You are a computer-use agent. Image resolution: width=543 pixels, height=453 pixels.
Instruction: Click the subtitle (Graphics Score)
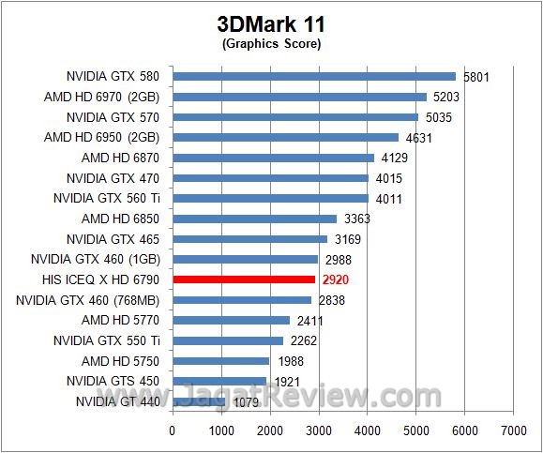[x=271, y=43]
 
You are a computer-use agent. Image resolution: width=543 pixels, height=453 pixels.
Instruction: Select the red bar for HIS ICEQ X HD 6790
[x=244, y=279]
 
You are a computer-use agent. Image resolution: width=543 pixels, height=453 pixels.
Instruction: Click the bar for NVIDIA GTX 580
[x=314, y=76]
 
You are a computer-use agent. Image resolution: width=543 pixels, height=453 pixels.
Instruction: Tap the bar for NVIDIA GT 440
[x=199, y=401]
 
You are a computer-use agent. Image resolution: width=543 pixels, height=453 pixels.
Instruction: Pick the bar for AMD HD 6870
[x=273, y=158]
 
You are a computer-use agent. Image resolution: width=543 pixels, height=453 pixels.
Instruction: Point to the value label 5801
[x=476, y=77]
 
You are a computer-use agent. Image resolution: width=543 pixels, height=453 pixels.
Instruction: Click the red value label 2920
[x=336, y=279]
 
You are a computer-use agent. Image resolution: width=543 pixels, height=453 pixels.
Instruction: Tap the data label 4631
[x=419, y=138]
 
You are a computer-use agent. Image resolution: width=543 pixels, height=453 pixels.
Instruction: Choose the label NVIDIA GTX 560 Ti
[x=106, y=198]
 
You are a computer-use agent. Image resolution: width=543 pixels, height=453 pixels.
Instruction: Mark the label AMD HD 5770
[x=121, y=320]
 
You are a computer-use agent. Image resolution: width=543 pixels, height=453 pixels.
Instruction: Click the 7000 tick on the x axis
[x=512, y=430]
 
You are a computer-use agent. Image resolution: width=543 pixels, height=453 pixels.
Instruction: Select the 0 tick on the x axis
[x=172, y=430]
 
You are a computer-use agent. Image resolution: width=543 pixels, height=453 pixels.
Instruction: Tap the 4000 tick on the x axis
[x=367, y=430]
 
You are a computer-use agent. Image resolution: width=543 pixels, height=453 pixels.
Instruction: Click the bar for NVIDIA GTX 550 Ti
[x=228, y=340]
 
